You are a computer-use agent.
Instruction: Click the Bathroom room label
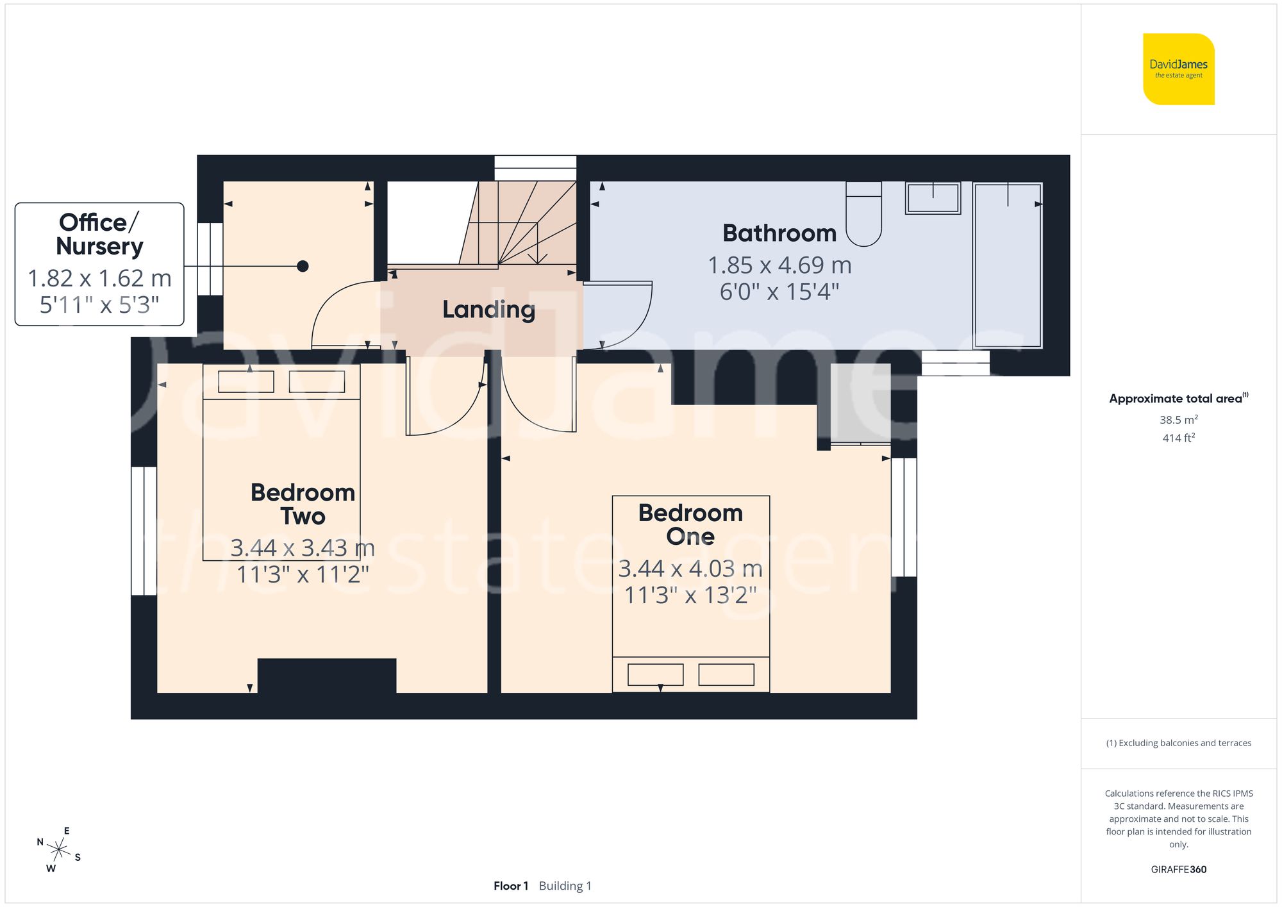(x=779, y=233)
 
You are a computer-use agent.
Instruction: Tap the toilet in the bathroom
(x=863, y=215)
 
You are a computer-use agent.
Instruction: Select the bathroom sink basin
(x=933, y=197)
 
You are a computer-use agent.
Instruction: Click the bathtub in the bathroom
(x=1008, y=265)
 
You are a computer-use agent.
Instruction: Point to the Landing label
(x=488, y=310)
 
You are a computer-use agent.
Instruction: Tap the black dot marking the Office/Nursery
(x=303, y=266)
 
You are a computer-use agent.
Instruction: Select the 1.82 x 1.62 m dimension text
(x=99, y=278)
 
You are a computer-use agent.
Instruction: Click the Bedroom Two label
(x=303, y=504)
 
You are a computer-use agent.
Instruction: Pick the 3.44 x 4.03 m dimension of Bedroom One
(x=690, y=569)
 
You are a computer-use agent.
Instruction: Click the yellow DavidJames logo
(x=1178, y=69)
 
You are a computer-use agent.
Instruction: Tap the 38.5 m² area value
(x=1178, y=420)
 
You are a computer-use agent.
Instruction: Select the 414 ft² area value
(x=1178, y=438)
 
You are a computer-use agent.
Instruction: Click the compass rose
(x=58, y=850)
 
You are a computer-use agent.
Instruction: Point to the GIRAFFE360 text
(x=1178, y=870)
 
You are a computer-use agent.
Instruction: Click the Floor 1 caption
(x=510, y=886)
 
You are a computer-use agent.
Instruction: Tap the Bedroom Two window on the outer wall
(x=144, y=531)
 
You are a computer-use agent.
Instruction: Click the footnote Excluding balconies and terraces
(x=1178, y=743)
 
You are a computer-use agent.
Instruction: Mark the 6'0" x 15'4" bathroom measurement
(x=779, y=292)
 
